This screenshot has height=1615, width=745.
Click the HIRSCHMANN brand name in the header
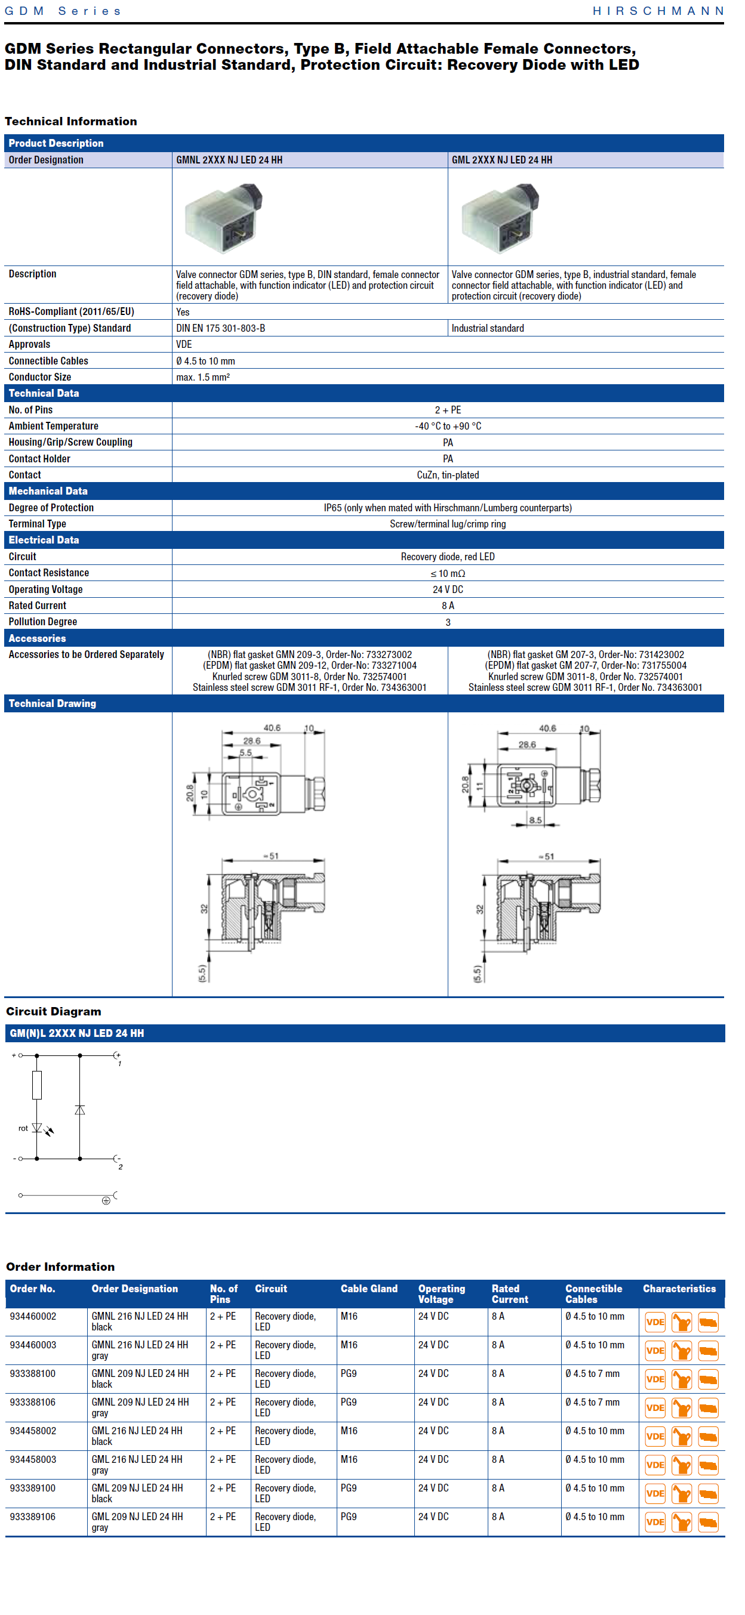(658, 11)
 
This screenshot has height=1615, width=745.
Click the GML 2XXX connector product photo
(500, 217)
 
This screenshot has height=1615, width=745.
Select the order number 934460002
(33, 1316)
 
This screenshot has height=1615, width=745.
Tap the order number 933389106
(33, 1517)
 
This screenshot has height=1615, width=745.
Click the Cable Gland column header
(369, 1289)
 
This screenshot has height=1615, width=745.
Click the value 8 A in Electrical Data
(448, 606)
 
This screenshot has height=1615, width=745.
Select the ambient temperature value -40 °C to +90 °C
(448, 427)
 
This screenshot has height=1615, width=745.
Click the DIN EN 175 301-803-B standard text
(221, 329)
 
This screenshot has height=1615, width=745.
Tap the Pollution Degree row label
(42, 622)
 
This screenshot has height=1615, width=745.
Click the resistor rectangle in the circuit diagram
(37, 1085)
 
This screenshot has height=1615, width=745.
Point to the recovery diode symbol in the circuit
(79, 1110)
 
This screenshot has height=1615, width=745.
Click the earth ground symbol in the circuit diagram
(106, 1200)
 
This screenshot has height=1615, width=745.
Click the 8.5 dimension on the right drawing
(535, 819)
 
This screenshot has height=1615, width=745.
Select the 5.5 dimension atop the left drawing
(245, 752)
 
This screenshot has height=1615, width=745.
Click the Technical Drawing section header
(53, 703)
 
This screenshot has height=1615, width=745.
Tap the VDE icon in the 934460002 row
(655, 1322)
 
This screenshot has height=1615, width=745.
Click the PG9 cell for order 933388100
(349, 1373)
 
